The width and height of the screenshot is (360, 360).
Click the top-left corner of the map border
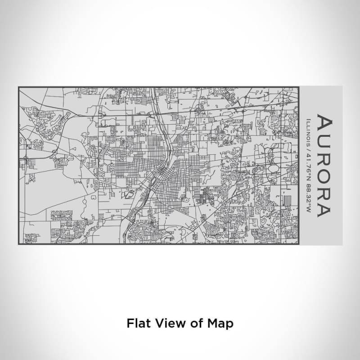pos(18,87)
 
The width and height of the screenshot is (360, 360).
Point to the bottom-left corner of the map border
pos(18,244)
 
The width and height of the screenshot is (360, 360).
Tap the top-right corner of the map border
pos(298,87)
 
